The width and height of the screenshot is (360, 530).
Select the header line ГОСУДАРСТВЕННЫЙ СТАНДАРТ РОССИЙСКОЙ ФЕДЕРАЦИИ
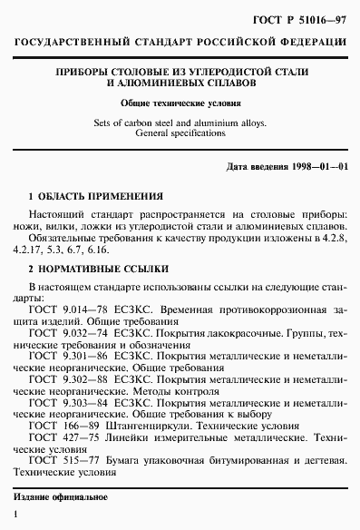click(x=180, y=44)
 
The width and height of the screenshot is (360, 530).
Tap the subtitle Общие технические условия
click(x=180, y=103)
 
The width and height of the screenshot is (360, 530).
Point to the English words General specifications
click(x=180, y=132)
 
